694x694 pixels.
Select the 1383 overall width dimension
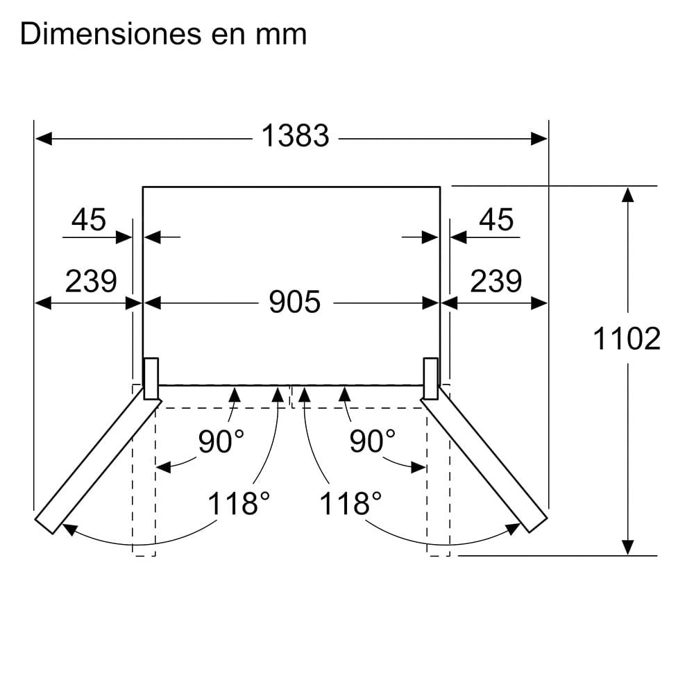[x=295, y=135]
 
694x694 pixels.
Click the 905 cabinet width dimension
[x=295, y=302]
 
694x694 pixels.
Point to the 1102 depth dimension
[x=626, y=339]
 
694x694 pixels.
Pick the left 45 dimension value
[x=89, y=219]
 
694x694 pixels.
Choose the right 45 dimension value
[x=496, y=219]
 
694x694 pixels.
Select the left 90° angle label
[x=221, y=441]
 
